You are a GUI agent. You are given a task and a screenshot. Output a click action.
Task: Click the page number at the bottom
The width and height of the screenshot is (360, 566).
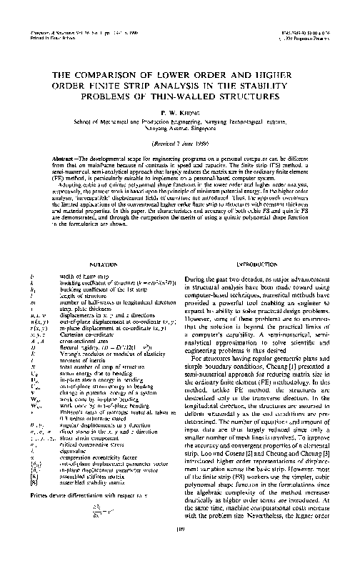pyautogui.click(x=180, y=549)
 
